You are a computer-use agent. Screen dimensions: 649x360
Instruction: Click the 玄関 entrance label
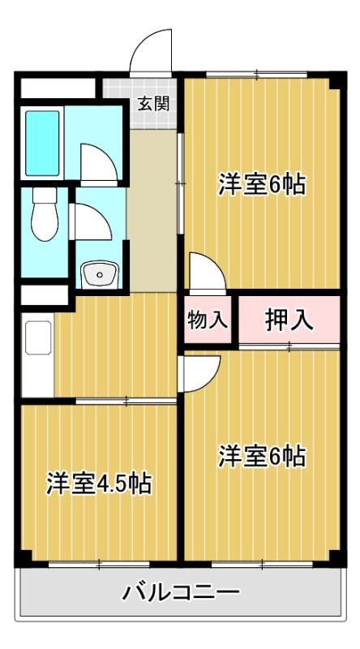click(152, 104)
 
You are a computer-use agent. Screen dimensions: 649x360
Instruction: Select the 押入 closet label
click(289, 320)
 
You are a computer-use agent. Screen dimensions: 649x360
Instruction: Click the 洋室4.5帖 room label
click(98, 484)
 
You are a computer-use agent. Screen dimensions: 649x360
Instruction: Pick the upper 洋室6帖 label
click(261, 185)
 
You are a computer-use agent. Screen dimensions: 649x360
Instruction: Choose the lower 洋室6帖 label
click(261, 456)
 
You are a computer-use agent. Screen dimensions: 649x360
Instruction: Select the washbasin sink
click(100, 274)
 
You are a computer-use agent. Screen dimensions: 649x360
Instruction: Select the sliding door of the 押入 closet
click(289, 346)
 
